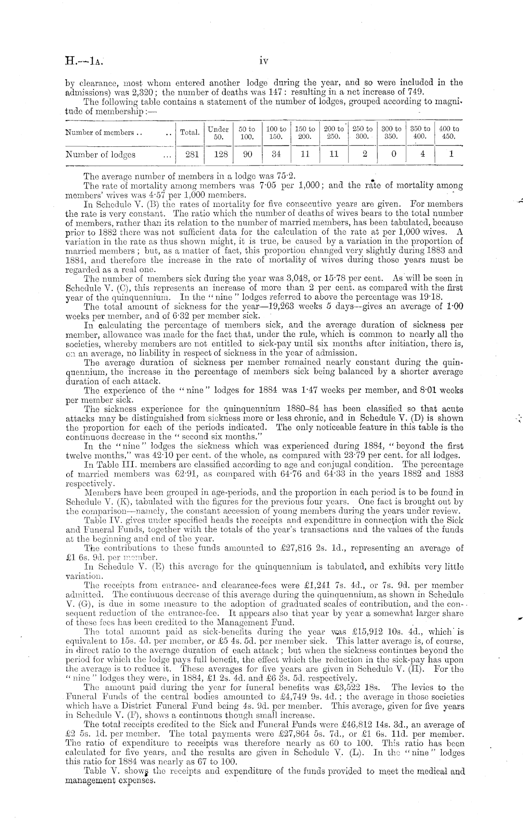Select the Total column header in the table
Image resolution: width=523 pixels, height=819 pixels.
pos(190,132)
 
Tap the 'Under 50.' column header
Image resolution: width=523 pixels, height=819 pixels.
pos(218,133)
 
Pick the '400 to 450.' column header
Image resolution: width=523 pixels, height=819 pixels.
pos(449,133)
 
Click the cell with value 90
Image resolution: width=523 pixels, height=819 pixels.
pos(247,154)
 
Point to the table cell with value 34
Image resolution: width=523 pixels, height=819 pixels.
pos(276,154)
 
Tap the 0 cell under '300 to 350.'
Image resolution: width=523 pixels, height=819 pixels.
pos(393,154)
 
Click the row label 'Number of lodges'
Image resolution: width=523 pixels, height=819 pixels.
pos(100,154)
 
